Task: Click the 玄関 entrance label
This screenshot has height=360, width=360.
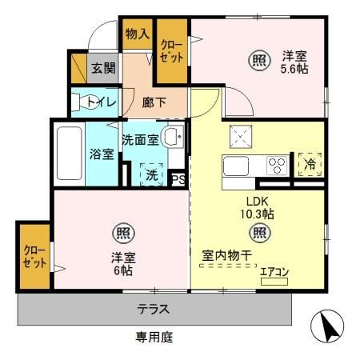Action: [102, 68]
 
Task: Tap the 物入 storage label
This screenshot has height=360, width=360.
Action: [136, 34]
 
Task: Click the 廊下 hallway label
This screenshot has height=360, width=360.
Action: [154, 102]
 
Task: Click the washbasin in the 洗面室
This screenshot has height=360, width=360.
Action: [172, 137]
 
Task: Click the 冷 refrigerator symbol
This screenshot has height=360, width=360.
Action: [309, 165]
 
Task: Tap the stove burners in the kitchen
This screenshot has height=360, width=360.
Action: [276, 166]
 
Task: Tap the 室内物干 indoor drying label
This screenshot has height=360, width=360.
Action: [226, 256]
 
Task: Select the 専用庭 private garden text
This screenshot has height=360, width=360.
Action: [154, 338]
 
